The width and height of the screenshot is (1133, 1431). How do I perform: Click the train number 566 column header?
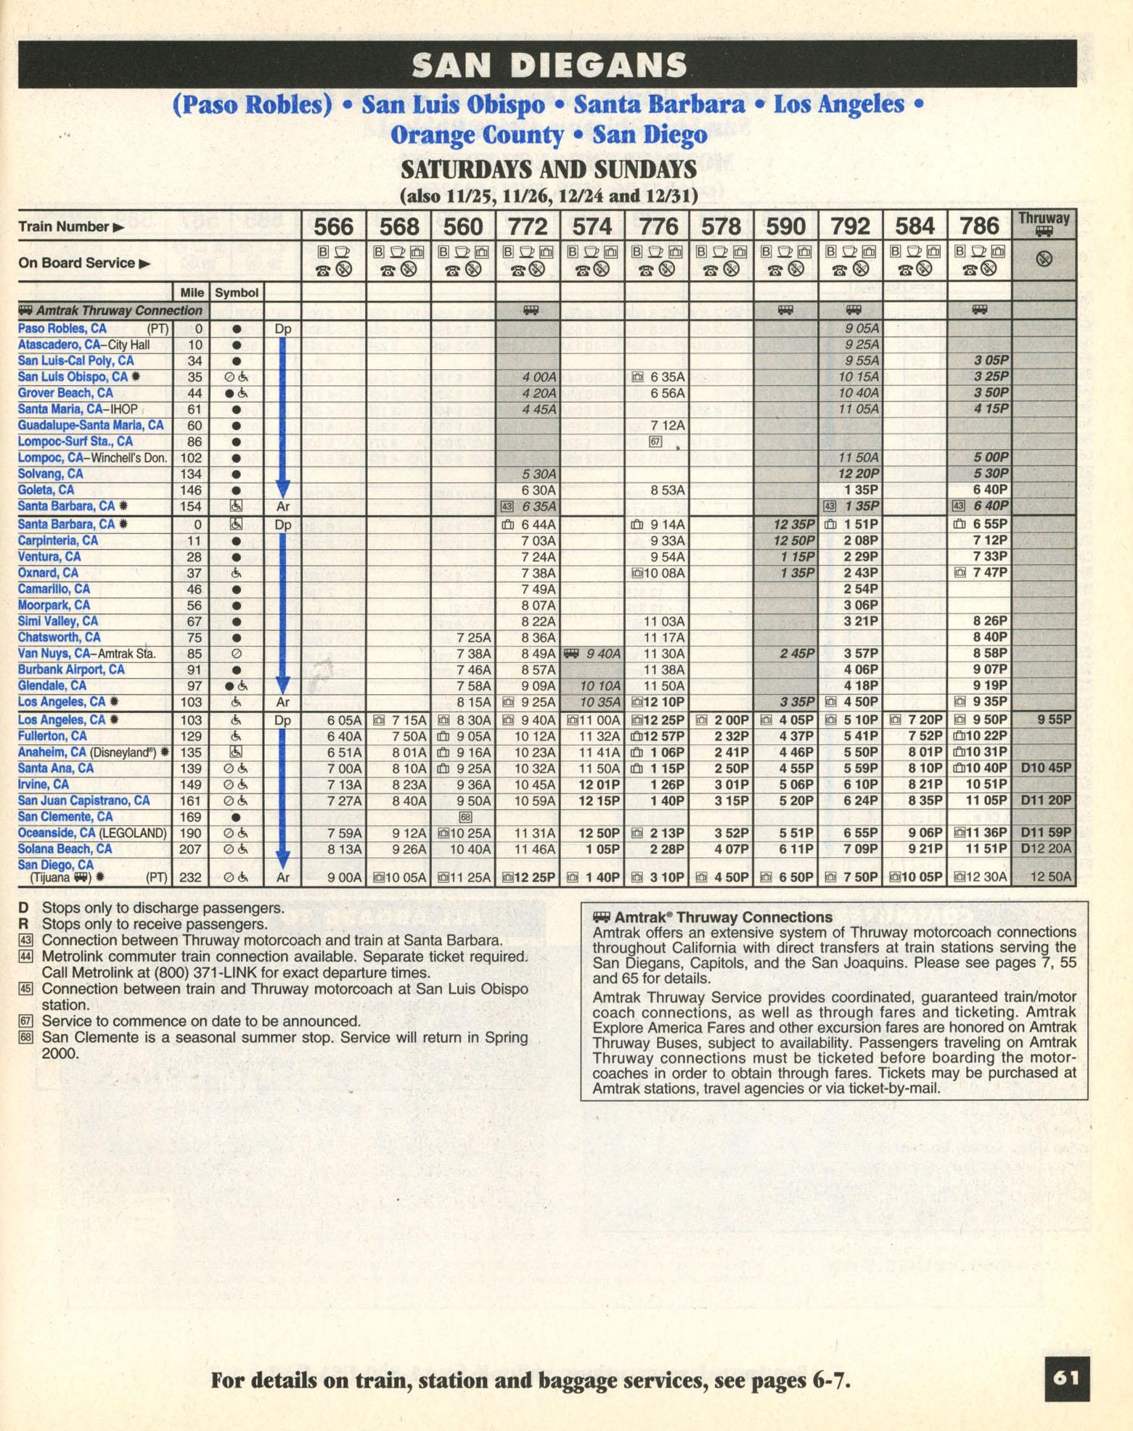coord(333,226)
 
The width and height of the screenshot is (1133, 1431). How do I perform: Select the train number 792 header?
coord(850,226)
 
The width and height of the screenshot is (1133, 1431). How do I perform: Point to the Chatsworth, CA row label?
coord(59,638)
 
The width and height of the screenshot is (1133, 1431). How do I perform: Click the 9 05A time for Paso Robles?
coord(861,329)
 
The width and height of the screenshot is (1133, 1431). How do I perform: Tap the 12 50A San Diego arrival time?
coord(1050,877)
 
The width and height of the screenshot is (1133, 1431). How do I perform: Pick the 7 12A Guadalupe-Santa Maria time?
coord(667,425)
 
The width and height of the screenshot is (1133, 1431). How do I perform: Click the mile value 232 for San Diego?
coord(190,877)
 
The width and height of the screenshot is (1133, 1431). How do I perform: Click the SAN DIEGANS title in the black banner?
coord(549,65)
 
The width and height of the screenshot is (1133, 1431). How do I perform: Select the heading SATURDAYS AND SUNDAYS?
coord(548,170)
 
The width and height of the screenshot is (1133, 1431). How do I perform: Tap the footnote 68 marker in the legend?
coord(25,1037)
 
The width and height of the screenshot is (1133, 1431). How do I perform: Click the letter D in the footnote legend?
coord(24,907)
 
